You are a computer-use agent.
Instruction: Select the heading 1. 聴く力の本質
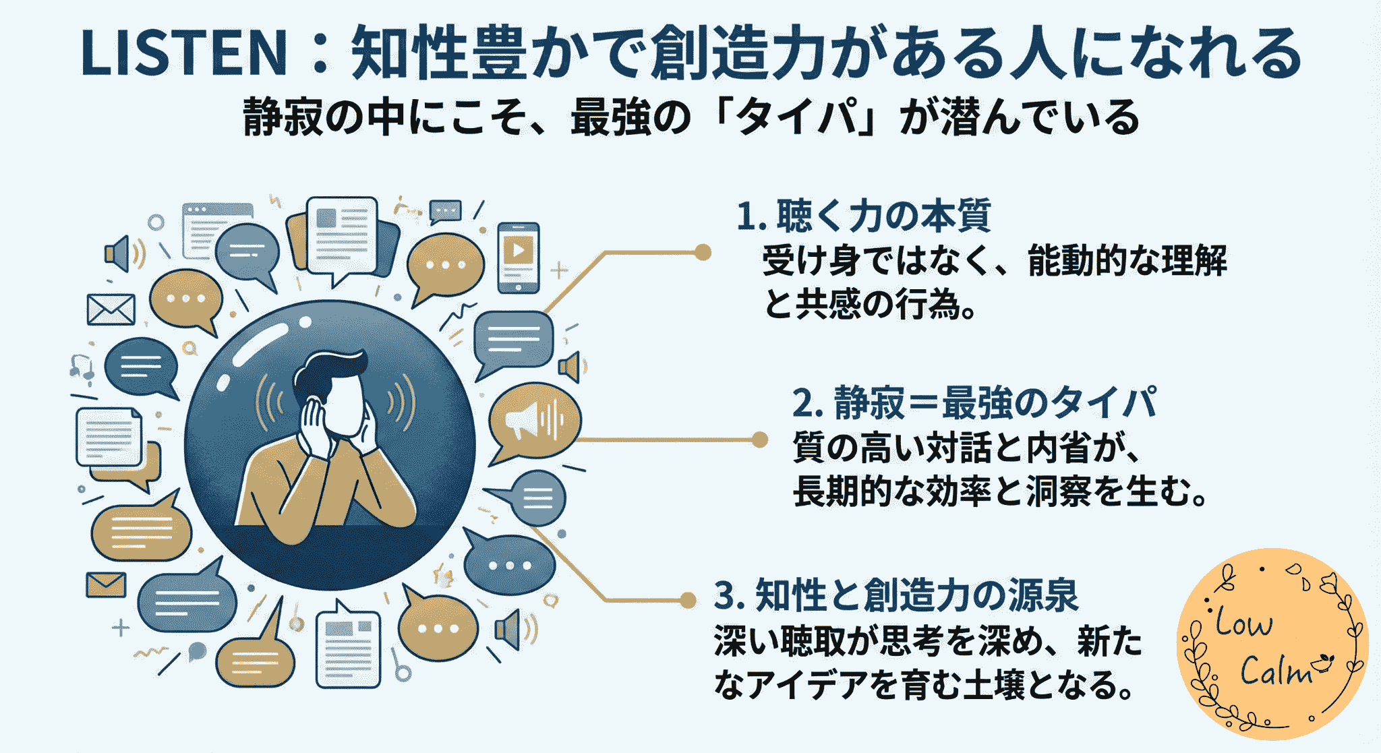click(863, 216)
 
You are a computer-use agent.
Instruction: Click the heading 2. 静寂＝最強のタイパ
click(974, 403)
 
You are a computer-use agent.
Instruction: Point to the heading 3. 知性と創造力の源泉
click(896, 595)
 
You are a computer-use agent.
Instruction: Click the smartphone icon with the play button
click(518, 257)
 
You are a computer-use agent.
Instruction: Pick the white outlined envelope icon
click(111, 309)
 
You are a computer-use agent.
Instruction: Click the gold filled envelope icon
click(106, 584)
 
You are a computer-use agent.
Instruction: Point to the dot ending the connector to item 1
click(703, 252)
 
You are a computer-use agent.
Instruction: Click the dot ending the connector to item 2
click(759, 440)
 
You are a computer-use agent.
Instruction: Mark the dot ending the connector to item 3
click(688, 599)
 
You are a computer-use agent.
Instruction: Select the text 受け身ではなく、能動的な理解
click(995, 261)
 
